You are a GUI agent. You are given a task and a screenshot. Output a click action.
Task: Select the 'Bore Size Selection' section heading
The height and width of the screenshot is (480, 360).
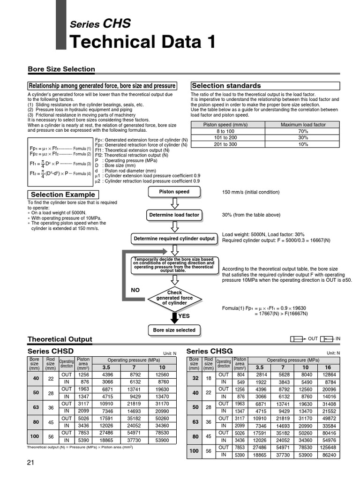coord(61,69)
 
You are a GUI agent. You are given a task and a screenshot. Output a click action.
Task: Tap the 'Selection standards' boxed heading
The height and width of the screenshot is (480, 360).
coord(226,86)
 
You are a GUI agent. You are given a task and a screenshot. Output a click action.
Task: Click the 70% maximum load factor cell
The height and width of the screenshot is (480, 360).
coord(303,131)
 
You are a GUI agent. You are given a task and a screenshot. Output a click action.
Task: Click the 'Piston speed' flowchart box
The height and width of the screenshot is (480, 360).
coord(174,192)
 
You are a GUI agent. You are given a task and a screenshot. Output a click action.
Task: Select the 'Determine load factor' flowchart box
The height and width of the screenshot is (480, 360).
coord(174,215)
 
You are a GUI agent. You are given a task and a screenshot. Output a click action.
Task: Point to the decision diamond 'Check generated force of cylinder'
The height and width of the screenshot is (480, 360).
coord(174,298)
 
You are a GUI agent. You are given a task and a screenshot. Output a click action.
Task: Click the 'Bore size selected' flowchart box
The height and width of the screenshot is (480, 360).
coord(174,330)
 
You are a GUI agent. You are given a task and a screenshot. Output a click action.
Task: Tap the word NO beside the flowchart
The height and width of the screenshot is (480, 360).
coord(135,290)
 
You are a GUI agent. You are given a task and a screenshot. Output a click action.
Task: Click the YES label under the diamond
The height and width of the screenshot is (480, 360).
coord(184,316)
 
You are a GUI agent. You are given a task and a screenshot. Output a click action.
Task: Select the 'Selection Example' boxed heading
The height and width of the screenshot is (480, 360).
coord(63,195)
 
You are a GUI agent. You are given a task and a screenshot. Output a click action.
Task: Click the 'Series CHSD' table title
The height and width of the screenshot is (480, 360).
coord(51,351)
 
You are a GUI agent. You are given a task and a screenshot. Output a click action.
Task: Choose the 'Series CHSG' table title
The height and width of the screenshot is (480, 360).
coord(210,351)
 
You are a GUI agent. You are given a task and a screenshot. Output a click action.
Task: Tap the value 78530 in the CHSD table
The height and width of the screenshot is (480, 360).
coord(162,433)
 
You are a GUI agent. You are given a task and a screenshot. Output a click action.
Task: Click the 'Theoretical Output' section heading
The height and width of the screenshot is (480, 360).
coord(60,339)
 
